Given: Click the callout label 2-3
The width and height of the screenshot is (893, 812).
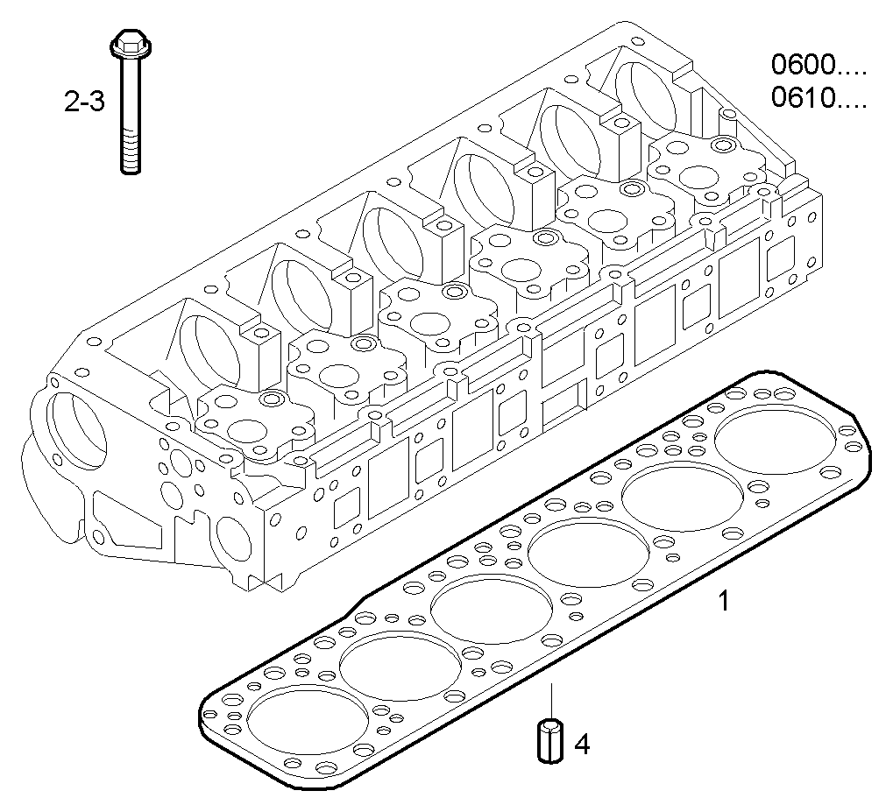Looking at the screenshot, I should click(x=84, y=102).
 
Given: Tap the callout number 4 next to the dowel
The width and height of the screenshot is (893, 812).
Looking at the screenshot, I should click(x=582, y=745).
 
